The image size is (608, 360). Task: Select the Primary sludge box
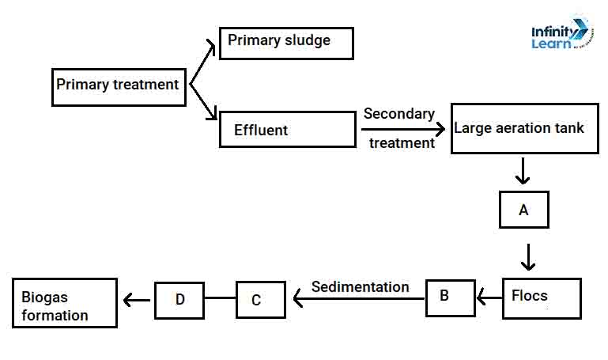pyautogui.click(x=285, y=43)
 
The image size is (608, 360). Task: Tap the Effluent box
pyautogui.click(x=287, y=129)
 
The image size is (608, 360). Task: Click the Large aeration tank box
pyautogui.click(x=519, y=127)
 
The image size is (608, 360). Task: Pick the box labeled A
pyautogui.click(x=523, y=210)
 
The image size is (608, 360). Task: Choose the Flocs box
pyautogui.click(x=541, y=297)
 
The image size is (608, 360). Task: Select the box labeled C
pyautogui.click(x=260, y=300)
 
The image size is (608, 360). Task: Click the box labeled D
pyautogui.click(x=179, y=300)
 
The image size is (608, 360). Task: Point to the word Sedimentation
pyautogui.click(x=361, y=286)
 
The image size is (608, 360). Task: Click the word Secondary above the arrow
pyautogui.click(x=398, y=114)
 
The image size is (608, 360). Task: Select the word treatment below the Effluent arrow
pyautogui.click(x=402, y=143)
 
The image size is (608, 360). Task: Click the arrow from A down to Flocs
pyautogui.click(x=528, y=256)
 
